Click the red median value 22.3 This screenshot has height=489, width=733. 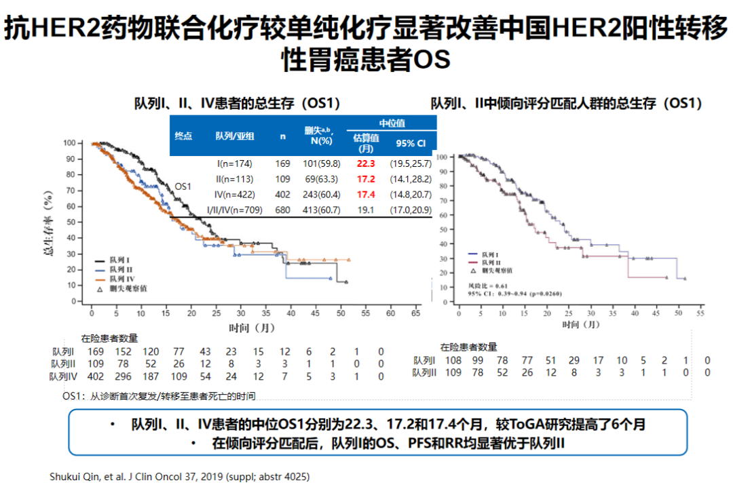point(366,163)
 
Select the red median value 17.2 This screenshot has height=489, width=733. point(366,179)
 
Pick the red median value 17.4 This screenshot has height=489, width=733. point(366,195)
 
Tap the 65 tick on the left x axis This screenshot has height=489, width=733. point(415,314)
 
